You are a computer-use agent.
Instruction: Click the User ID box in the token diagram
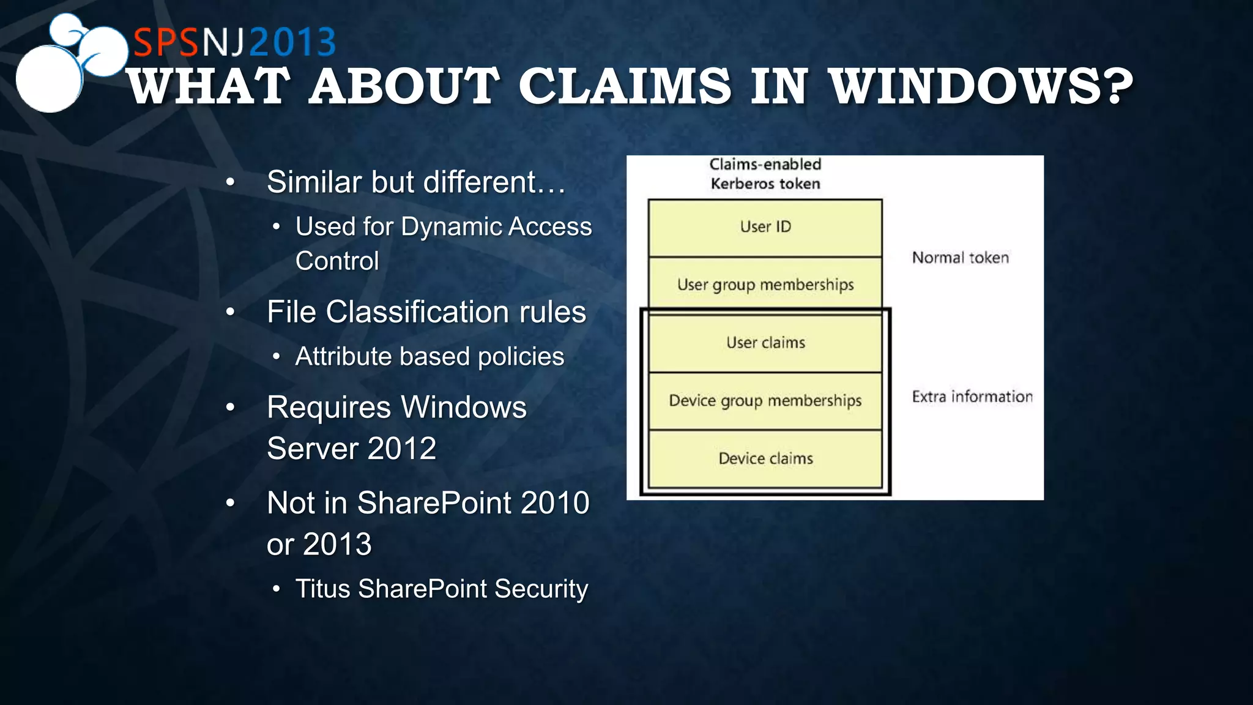coord(765,228)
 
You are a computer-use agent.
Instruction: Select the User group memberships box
coord(765,285)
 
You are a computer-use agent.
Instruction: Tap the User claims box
coord(765,343)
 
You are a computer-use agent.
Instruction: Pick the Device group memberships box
coord(765,401)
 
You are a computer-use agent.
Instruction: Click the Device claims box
coord(765,458)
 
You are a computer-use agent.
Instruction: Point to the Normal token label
coord(960,258)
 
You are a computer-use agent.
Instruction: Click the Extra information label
coord(972,397)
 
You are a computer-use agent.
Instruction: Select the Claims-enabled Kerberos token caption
coord(765,174)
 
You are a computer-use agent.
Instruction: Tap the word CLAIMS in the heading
coord(625,86)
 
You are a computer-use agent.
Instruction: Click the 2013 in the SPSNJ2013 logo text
coord(292,42)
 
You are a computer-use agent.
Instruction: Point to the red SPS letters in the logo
coord(166,42)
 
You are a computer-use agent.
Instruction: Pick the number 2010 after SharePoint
coord(554,503)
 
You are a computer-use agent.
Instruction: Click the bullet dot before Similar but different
coord(230,182)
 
